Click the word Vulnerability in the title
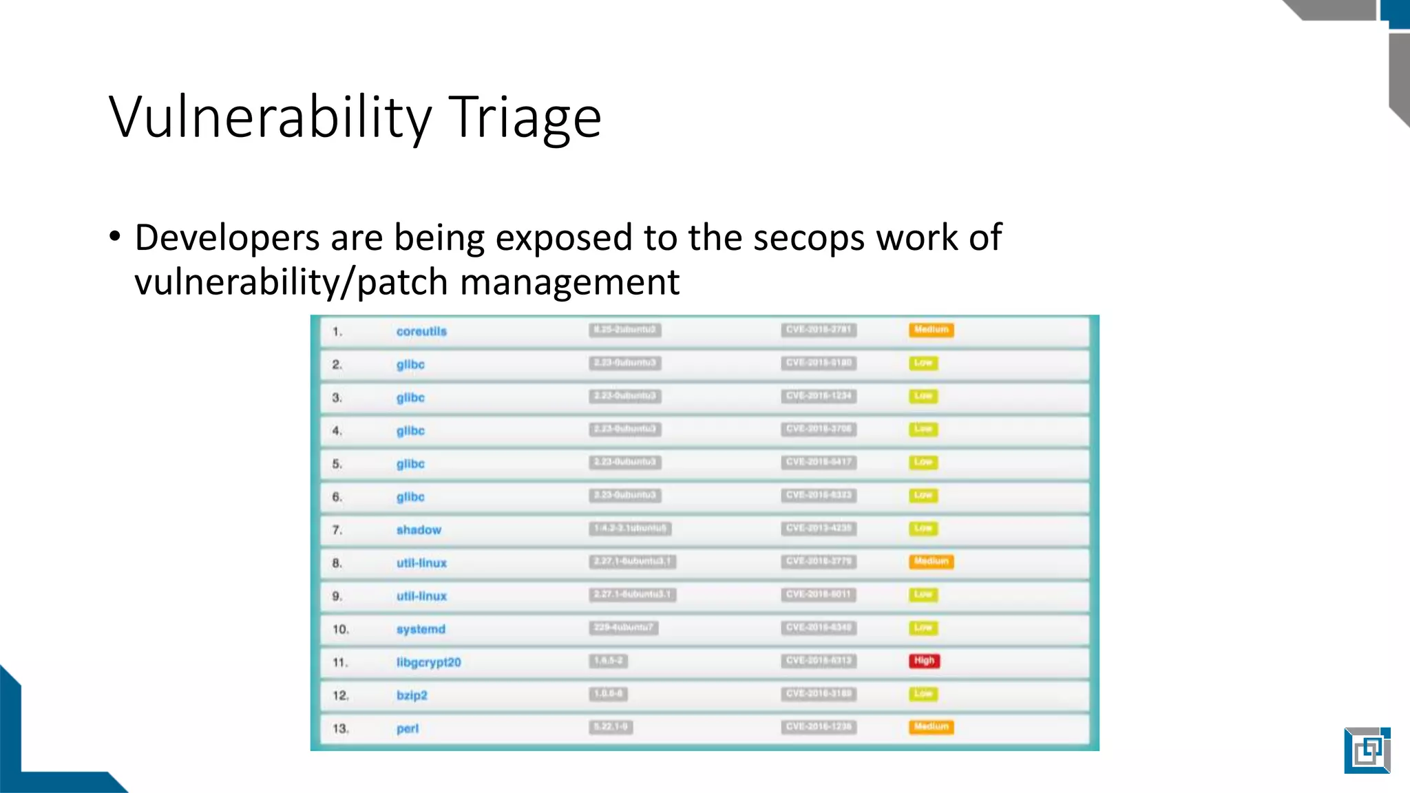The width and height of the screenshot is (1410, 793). coord(270,117)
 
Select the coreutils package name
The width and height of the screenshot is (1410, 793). coord(421,332)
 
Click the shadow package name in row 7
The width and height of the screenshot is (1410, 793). coord(419,530)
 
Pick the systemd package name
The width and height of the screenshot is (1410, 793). coord(421,629)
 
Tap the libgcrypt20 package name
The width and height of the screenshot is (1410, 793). coord(428,662)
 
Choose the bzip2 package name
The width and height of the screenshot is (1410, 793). coord(412,695)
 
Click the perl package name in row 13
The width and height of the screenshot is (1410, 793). coord(408,728)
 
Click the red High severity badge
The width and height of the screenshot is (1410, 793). coord(924,661)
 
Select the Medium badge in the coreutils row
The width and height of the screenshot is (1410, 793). coord(931,330)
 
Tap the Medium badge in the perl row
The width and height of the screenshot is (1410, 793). coord(931,727)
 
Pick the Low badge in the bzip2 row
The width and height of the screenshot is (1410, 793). coord(923,694)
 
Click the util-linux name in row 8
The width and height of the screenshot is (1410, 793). coord(421,563)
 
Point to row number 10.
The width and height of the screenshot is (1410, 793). coord(341,629)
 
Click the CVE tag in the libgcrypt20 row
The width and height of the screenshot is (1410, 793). coord(819,661)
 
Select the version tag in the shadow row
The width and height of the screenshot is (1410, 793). coord(630,529)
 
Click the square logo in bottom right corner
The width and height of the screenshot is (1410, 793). coord(1367,750)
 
